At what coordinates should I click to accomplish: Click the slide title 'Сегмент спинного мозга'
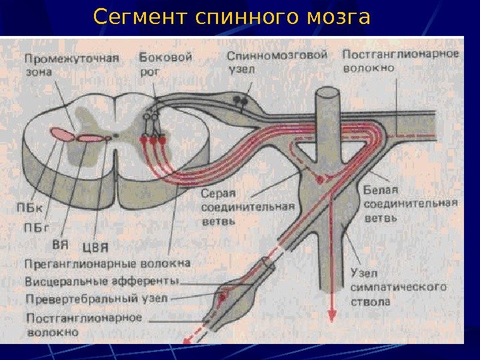[231, 17]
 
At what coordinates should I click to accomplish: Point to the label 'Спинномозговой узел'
[276, 61]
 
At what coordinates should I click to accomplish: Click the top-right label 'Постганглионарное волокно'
[401, 60]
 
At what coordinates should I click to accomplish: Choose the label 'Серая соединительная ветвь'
[247, 207]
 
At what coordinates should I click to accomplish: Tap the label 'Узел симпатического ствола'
[398, 287]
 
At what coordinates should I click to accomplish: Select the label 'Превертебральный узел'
[97, 298]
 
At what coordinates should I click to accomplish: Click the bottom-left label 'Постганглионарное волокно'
[84, 323]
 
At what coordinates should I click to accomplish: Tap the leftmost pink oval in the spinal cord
[61, 134]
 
